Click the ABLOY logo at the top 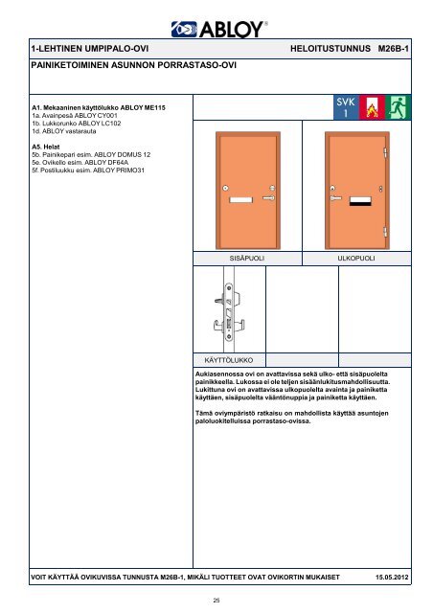(x=219, y=30)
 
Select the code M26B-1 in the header (x=393, y=49)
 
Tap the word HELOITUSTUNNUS (x=330, y=49)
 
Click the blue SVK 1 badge (x=346, y=107)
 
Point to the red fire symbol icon (x=372, y=107)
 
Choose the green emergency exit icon (x=398, y=107)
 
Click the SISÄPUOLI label (x=247, y=259)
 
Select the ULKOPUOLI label (x=356, y=259)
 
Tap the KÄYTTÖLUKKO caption (x=229, y=360)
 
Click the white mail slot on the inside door (x=241, y=200)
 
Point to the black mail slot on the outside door (x=360, y=201)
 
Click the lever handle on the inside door (x=269, y=198)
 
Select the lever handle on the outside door (x=335, y=198)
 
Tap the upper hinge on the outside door (x=385, y=152)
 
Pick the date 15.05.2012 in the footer (x=392, y=577)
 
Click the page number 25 (x=216, y=601)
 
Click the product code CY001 (x=107, y=116)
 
